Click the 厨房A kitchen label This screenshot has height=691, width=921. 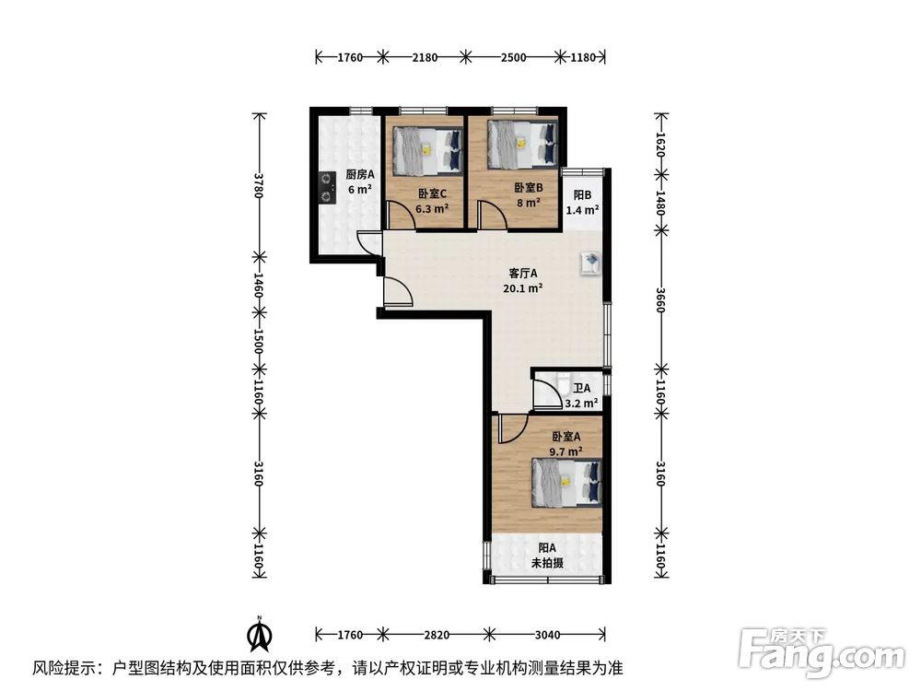pyautogui.click(x=359, y=174)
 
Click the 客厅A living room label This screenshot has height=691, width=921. pyautogui.click(x=523, y=273)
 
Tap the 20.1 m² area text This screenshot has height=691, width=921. pyautogui.click(x=523, y=287)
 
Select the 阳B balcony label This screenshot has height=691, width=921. pyautogui.click(x=582, y=195)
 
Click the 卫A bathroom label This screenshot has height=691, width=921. pyautogui.click(x=581, y=389)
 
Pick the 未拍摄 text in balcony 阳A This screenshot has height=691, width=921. pyautogui.click(x=546, y=563)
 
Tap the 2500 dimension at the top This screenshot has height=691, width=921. pyautogui.click(x=513, y=57)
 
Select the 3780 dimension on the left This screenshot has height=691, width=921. pyautogui.click(x=260, y=184)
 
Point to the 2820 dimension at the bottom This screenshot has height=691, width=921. pyautogui.click(x=437, y=635)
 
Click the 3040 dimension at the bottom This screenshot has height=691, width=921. pyautogui.click(x=548, y=635)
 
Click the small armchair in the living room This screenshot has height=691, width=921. pyautogui.click(x=589, y=264)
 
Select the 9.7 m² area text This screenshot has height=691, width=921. pyautogui.click(x=565, y=451)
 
